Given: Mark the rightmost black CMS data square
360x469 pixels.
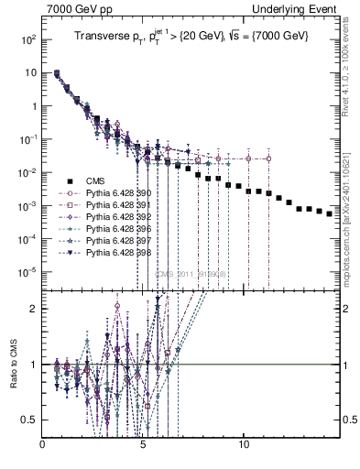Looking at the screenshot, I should click(x=330, y=213).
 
